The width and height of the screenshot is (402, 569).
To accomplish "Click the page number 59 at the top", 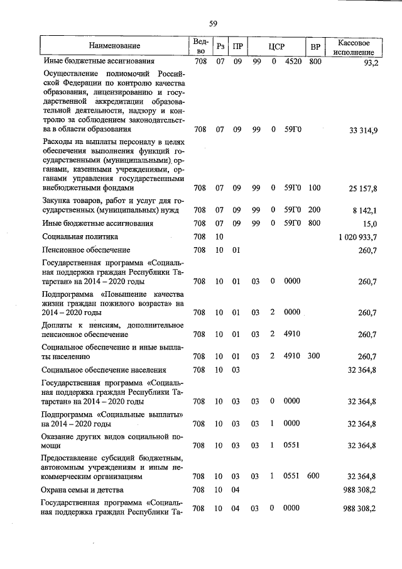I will (x=213, y=24).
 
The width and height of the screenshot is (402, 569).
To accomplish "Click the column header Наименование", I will (x=114, y=45).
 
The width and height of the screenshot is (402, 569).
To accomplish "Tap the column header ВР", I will (x=315, y=45).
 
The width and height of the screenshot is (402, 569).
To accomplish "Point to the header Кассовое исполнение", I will (x=356, y=46).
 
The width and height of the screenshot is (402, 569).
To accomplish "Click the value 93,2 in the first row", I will (x=368, y=62).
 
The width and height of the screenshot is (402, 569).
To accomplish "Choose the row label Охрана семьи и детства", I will (x=82, y=489).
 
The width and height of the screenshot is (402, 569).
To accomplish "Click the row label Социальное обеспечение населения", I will (x=104, y=370).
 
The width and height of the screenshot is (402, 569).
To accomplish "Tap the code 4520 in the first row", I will (x=293, y=62).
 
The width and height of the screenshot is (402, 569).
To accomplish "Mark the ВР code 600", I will (x=315, y=477).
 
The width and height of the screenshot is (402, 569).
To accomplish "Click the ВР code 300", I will (x=315, y=356).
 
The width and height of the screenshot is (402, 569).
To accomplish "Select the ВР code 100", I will (x=315, y=187).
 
